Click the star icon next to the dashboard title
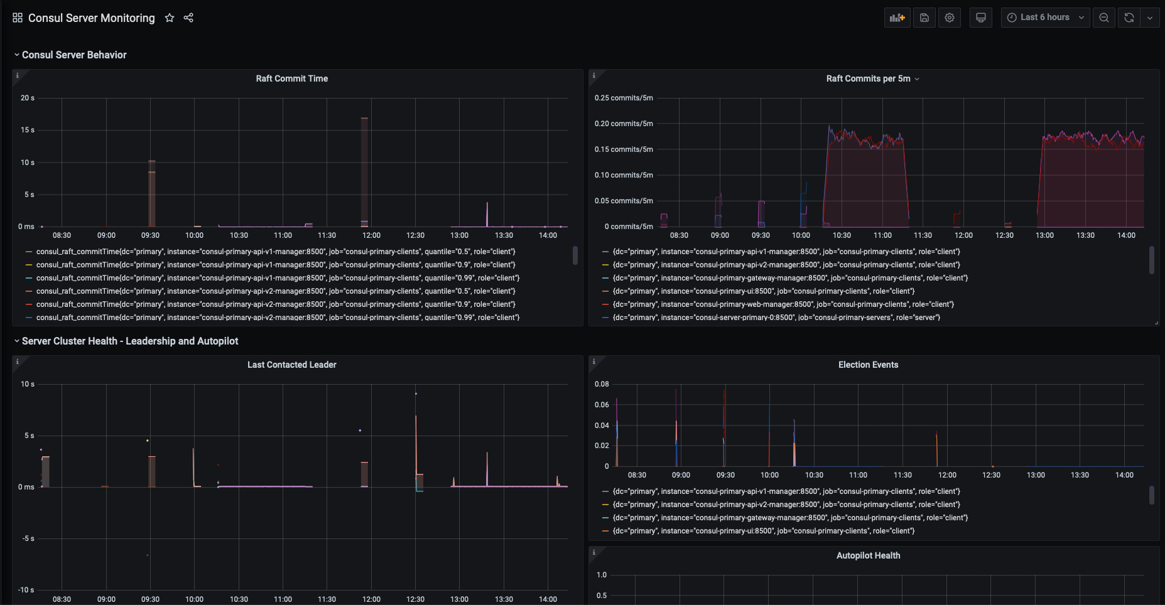(169, 18)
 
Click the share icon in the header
(188, 18)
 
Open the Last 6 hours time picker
(1045, 18)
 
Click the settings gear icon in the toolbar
(950, 18)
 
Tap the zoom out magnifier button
(1103, 18)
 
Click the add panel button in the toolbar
(897, 18)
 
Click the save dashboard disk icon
(924, 18)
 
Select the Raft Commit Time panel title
(291, 78)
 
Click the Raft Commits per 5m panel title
(868, 78)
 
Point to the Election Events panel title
(868, 365)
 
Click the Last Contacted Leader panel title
(291, 365)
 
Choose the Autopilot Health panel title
(868, 555)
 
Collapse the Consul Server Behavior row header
(74, 55)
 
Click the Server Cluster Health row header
(130, 341)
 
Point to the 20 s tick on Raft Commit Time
(28, 98)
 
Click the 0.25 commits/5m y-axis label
(624, 98)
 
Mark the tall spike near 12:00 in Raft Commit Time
(364, 169)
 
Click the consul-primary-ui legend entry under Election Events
(763, 531)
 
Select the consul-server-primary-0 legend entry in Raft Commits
(776, 318)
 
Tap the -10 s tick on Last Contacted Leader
(26, 590)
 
